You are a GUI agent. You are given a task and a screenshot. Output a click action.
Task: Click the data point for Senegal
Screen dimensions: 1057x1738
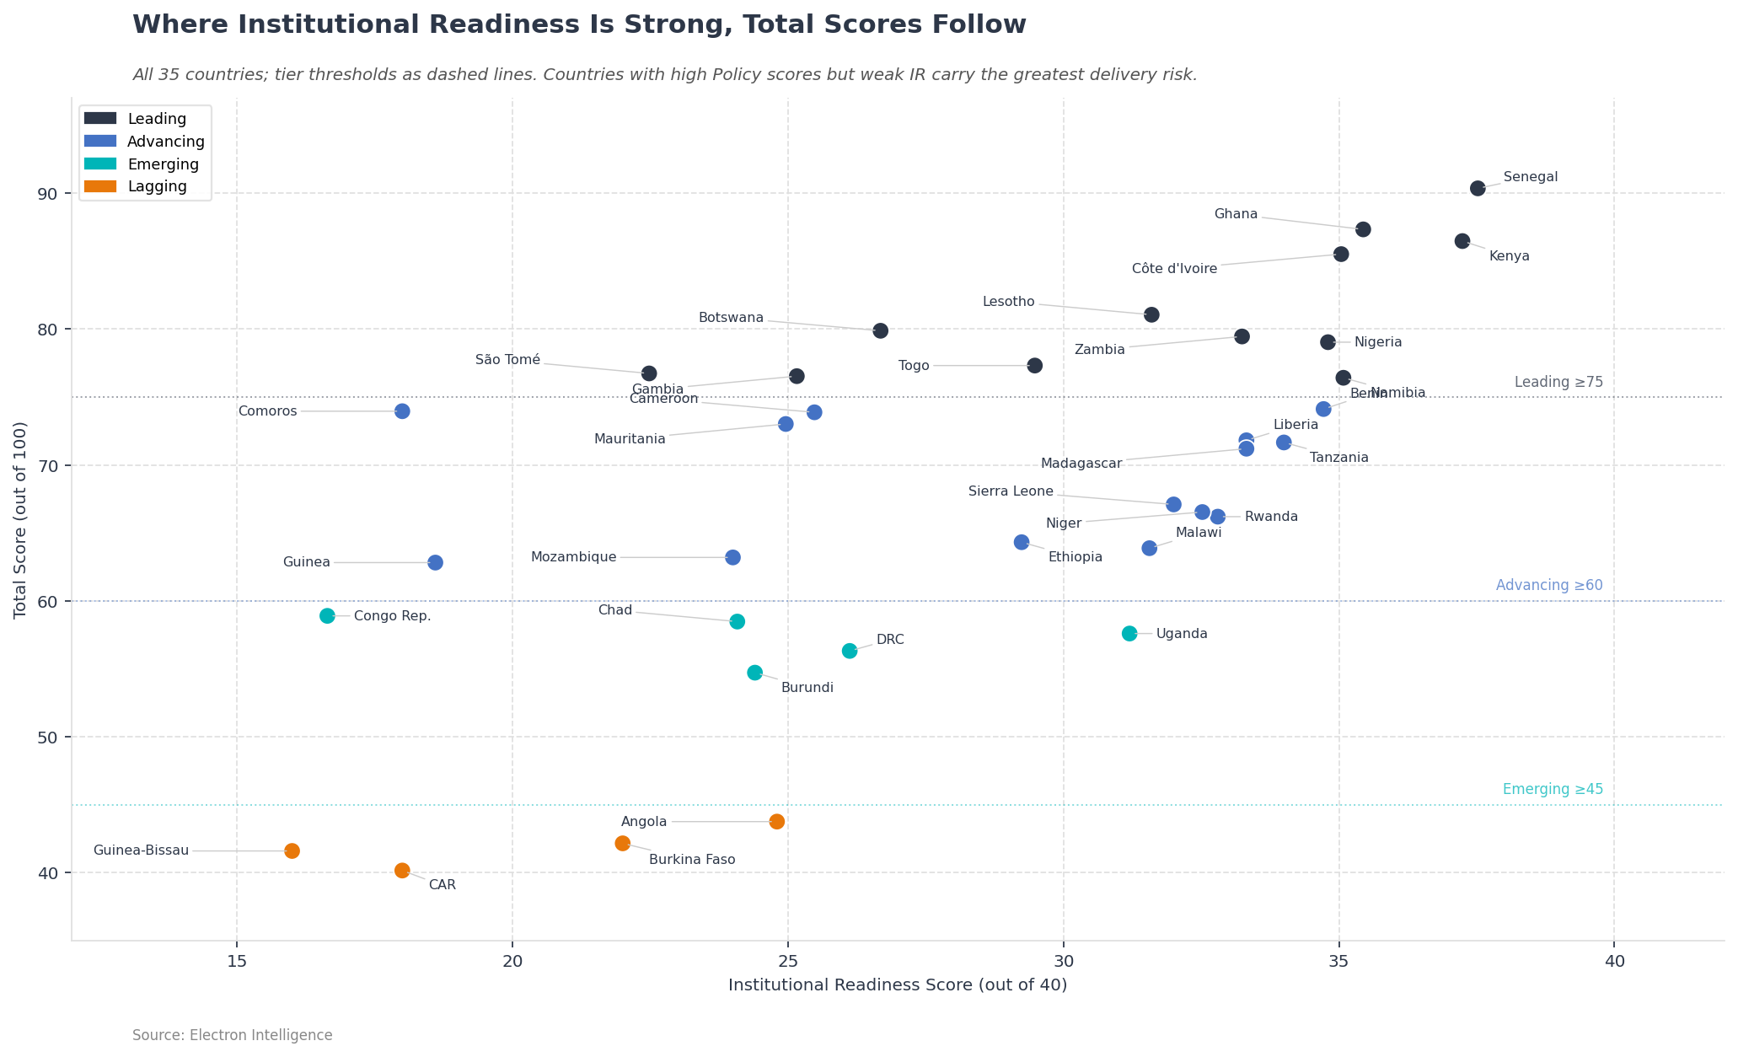pos(1478,188)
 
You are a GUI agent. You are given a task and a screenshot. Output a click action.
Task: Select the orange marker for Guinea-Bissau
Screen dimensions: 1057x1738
pos(292,850)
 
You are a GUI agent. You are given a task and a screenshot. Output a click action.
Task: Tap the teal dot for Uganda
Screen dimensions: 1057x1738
pos(1129,633)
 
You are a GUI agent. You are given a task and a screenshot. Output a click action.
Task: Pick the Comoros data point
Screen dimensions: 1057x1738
pos(402,411)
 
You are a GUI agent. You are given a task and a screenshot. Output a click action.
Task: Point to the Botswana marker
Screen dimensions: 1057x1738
pos(880,330)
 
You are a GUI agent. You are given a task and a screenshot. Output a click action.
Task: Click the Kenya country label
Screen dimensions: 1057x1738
pos(1509,256)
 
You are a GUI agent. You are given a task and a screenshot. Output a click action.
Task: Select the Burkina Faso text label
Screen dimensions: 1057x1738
pos(692,860)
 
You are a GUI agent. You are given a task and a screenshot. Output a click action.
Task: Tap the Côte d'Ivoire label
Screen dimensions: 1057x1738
pos(1174,269)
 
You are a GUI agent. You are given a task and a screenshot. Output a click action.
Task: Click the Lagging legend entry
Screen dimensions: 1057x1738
pos(157,186)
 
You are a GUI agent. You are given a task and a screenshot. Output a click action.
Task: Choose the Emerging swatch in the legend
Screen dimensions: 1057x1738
pos(100,164)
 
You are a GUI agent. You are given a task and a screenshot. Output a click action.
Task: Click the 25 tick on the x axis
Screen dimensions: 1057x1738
pos(788,962)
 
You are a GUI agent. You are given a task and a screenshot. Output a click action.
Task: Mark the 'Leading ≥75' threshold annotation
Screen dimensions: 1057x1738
pos(1558,383)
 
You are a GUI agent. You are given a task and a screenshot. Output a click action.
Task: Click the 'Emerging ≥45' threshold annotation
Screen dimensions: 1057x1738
pos(1553,790)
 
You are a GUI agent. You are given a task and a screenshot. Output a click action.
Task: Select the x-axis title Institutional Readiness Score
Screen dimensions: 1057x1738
pos(898,985)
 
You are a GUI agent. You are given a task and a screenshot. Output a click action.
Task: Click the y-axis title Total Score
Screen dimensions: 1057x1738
pos(21,520)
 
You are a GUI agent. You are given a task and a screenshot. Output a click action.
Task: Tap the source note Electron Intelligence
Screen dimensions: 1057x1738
pos(233,1035)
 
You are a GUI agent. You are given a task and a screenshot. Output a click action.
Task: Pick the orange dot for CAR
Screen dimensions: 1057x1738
pos(402,871)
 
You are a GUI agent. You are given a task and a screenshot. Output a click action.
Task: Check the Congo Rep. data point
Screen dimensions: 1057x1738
pos(327,615)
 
